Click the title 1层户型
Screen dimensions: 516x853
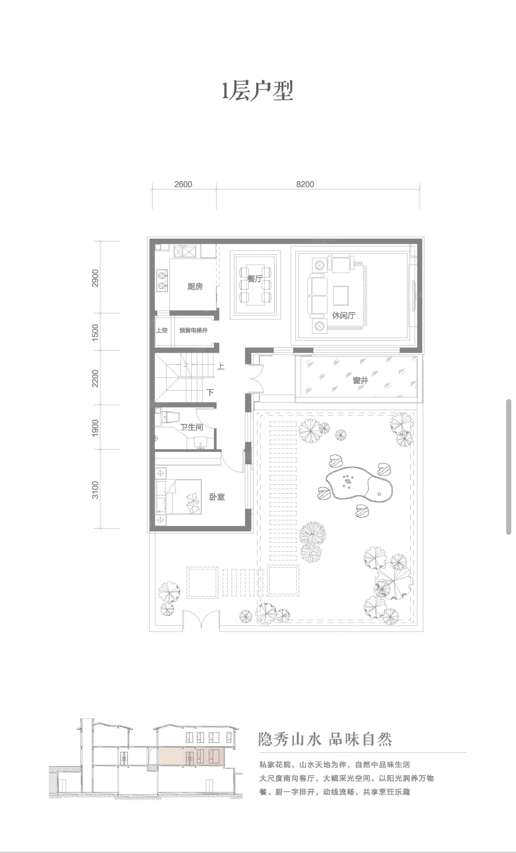click(258, 91)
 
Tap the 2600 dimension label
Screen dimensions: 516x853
click(183, 184)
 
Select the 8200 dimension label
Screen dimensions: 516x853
click(305, 184)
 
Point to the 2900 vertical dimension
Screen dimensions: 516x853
click(95, 278)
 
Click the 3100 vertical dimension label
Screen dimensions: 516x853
click(95, 490)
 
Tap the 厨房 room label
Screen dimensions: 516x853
click(195, 286)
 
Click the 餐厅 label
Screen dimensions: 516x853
click(255, 278)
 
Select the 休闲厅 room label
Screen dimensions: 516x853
click(343, 315)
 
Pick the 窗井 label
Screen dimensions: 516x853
click(360, 380)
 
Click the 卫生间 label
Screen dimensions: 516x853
click(191, 427)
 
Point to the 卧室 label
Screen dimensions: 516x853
click(217, 497)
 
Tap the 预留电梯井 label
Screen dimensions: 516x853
click(193, 331)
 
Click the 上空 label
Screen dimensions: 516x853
click(162, 330)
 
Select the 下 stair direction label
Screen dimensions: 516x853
click(211, 392)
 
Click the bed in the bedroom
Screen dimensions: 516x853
click(179, 496)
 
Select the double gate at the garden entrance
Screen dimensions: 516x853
click(201, 620)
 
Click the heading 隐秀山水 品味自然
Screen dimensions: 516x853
click(325, 739)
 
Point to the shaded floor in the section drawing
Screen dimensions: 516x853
click(191, 757)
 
